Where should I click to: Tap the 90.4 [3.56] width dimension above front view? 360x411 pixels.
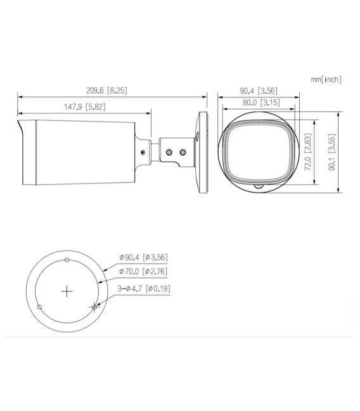pyautogui.click(x=259, y=91)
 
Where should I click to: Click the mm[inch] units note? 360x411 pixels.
pyautogui.click(x=326, y=79)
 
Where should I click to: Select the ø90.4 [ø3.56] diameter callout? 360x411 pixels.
pyautogui.click(x=143, y=257)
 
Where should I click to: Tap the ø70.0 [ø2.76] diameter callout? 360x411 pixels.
pyautogui.click(x=143, y=272)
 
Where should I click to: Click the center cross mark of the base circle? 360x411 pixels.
pyautogui.click(x=67, y=291)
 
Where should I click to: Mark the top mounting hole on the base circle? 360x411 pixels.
pyautogui.click(x=67, y=260)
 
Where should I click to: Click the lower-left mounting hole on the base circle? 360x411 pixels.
pyautogui.click(x=40, y=307)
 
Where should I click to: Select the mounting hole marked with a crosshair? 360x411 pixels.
pyautogui.click(x=94, y=307)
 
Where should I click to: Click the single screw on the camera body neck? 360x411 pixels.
pyautogui.click(x=142, y=152)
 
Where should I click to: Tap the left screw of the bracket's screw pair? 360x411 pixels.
pyautogui.click(x=169, y=152)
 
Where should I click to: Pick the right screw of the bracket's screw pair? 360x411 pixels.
pyautogui.click(x=183, y=152)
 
